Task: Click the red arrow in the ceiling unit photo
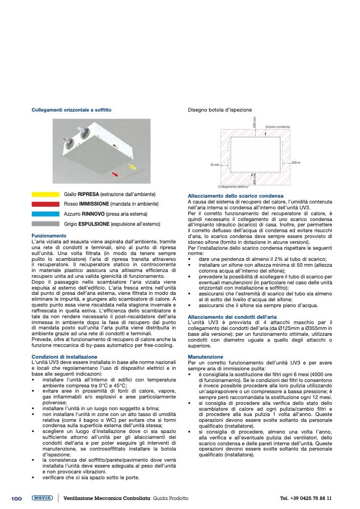[x=114, y=174]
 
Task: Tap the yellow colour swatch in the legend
[x=45, y=194]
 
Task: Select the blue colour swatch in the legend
[x=45, y=214]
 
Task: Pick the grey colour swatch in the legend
[x=45, y=224]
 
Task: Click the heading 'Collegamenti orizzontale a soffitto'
[x=72, y=110]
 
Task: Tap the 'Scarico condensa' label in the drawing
[x=278, y=126]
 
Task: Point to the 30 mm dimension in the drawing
[x=214, y=165]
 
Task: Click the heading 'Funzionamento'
[x=49, y=235]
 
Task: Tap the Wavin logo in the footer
[x=42, y=498]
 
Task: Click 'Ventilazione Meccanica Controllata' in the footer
[x=106, y=498]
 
